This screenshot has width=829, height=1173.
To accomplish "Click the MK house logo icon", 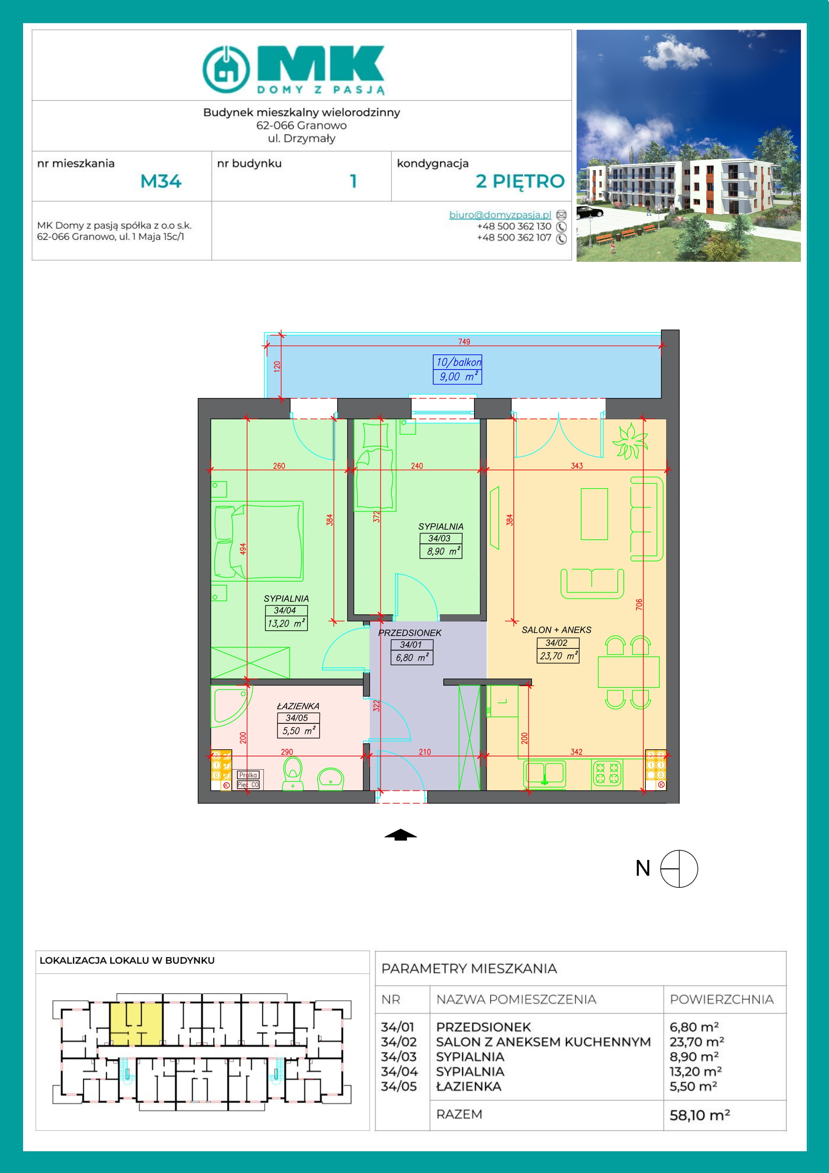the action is point(226,70).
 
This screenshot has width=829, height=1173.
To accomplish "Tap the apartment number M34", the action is point(161,181).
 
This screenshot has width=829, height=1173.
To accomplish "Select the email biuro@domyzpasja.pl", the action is point(500,215).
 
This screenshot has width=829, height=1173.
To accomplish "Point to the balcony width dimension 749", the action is point(464,341).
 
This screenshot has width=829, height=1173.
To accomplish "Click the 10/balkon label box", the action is point(457,369).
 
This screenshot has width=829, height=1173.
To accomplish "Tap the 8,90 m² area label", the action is point(441,551).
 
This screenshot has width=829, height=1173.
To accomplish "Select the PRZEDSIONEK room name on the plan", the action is point(409,633).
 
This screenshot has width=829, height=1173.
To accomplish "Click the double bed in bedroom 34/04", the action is point(258,542).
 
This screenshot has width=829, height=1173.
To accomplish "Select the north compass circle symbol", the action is point(679,868).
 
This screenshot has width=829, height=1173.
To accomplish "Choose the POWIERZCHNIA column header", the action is point(722,999).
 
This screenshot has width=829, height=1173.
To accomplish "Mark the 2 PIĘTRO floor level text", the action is point(520,181).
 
